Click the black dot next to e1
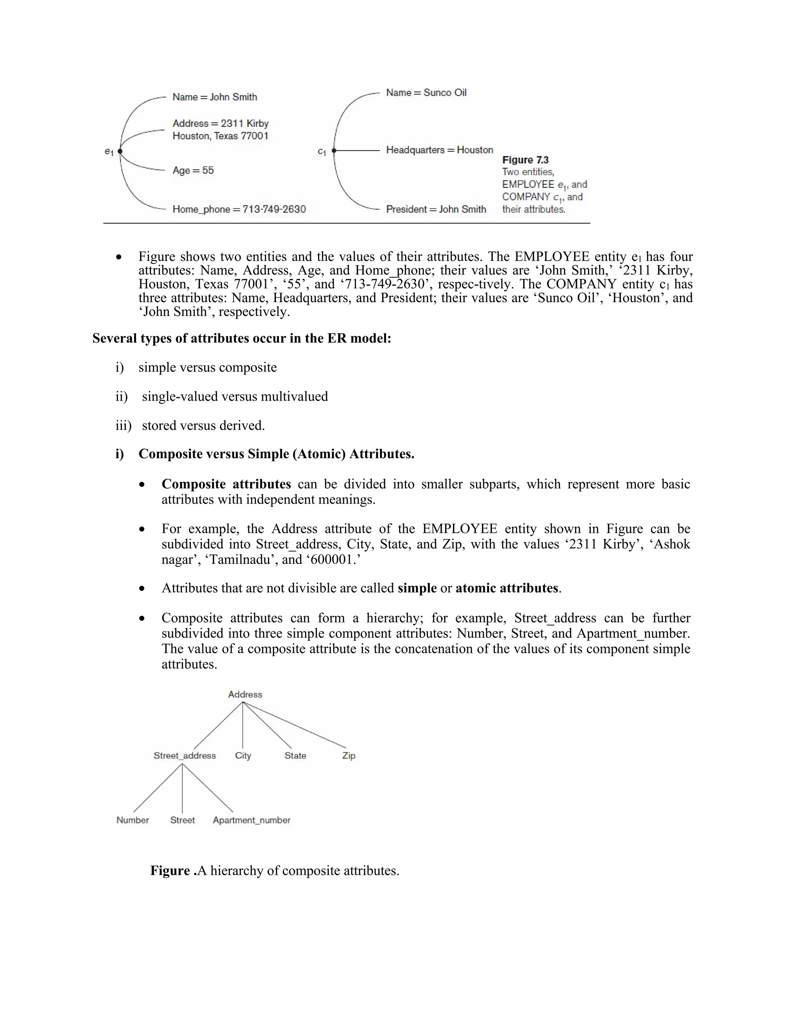(x=120, y=151)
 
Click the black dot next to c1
(x=334, y=151)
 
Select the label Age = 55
(x=193, y=170)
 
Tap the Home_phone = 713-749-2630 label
(x=239, y=209)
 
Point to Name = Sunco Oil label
(x=426, y=92)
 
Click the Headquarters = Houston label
(x=440, y=150)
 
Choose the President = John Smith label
(x=436, y=209)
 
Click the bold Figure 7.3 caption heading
(x=525, y=160)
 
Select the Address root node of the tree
(x=245, y=694)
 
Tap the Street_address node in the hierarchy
(x=185, y=756)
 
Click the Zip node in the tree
(x=349, y=756)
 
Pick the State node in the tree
(x=295, y=756)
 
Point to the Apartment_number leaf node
(x=251, y=820)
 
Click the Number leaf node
(x=133, y=820)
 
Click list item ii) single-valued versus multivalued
(x=234, y=396)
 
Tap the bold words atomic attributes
(x=506, y=588)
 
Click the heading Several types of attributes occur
(x=241, y=338)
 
